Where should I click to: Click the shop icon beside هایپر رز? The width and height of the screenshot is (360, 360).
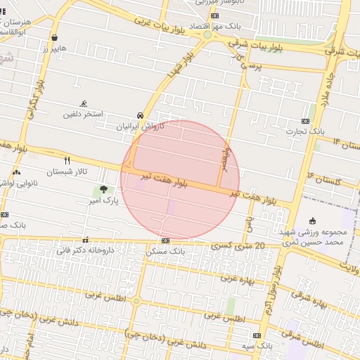(55, 38)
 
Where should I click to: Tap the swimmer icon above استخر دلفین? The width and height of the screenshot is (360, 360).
(84, 103)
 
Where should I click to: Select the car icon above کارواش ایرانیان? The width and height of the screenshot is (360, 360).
(141, 116)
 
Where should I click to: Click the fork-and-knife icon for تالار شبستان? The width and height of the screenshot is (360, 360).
(67, 160)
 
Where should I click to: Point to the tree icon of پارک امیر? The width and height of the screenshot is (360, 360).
(104, 189)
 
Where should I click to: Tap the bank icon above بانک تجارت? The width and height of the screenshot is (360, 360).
(305, 120)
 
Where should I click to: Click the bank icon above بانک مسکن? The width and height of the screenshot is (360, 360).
(165, 240)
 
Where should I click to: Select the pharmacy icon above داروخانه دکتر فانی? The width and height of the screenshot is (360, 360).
(86, 240)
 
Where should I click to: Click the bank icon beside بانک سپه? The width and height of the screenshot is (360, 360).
(257, 336)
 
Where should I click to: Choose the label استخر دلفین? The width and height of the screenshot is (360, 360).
(84, 114)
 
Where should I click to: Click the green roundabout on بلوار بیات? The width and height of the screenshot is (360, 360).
(207, 34)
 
